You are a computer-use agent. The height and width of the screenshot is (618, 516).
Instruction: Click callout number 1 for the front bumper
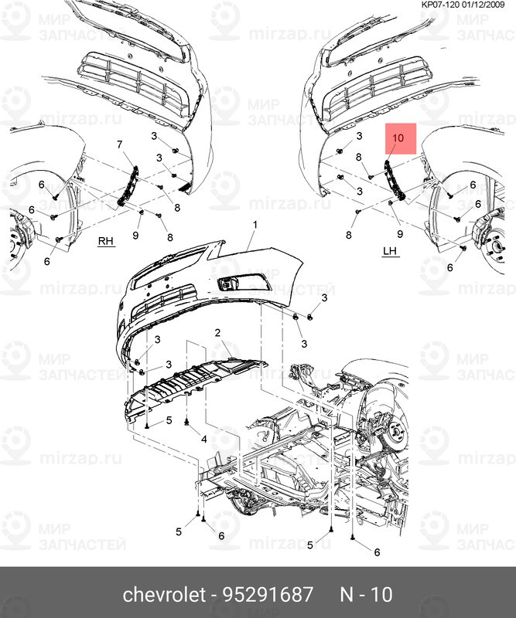pos(253,224)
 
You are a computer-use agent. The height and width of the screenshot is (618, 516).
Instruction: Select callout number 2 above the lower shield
pos(218,332)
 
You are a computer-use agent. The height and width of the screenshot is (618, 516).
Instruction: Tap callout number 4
pos(203,439)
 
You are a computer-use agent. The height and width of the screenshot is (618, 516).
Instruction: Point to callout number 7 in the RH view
pos(120,144)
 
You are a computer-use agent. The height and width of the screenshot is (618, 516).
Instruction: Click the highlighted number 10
pos(399,138)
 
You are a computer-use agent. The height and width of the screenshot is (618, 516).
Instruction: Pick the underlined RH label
pos(105,241)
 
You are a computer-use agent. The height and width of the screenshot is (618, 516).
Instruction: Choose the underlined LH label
pos(389,252)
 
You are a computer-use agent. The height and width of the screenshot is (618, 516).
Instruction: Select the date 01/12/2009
pos(490,5)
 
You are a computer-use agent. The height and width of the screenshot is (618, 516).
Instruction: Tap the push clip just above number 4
pos(188,422)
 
